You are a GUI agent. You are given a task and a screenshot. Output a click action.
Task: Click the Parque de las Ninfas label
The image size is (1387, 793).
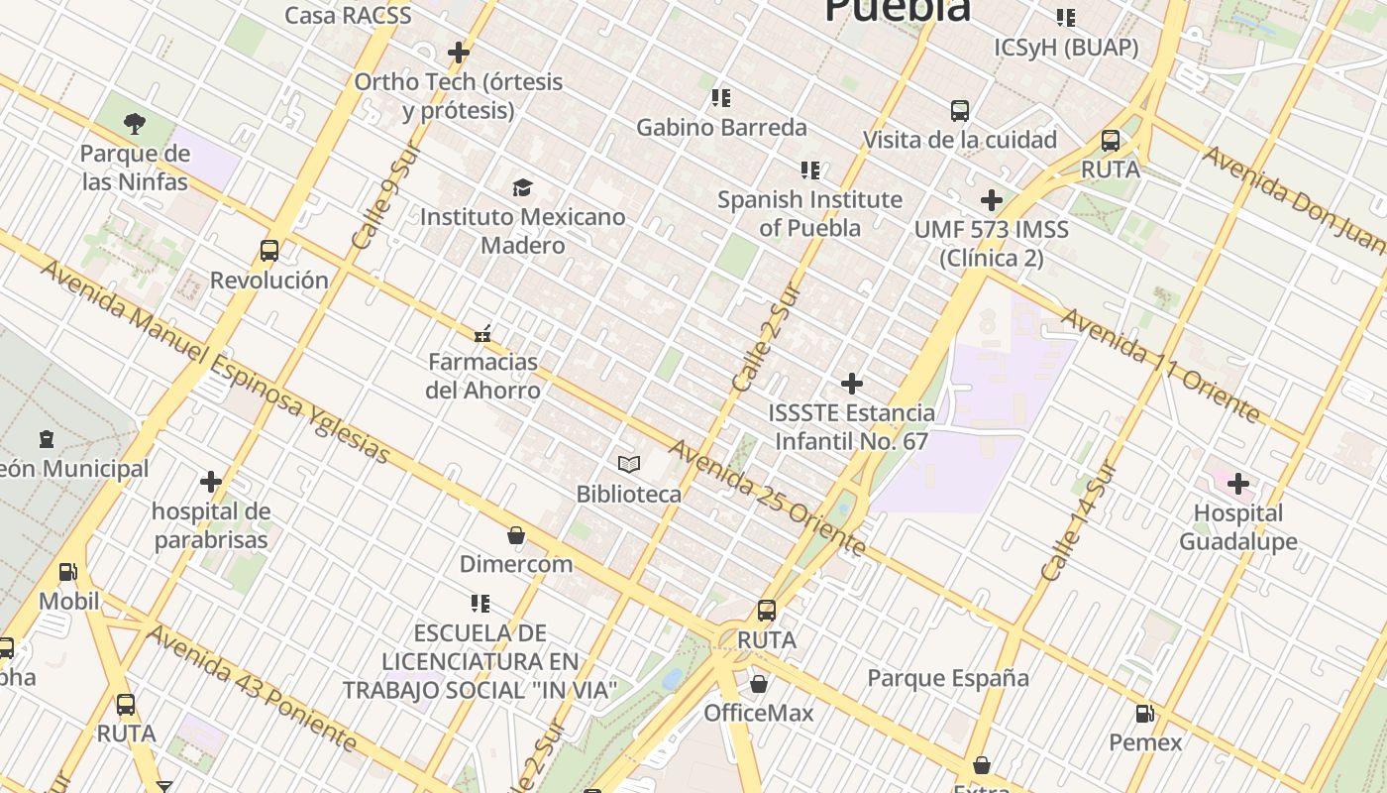point(135,168)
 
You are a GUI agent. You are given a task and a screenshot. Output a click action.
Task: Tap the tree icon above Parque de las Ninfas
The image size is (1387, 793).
point(135,124)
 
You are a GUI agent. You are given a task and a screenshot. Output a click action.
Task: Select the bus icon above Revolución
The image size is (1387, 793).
point(269,251)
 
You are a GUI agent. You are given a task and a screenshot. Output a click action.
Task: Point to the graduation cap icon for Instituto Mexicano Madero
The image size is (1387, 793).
point(522,187)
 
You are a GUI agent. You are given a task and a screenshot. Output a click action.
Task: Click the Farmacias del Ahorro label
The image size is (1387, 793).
point(483,376)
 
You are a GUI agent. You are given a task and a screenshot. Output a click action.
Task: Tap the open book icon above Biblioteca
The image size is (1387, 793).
point(629,464)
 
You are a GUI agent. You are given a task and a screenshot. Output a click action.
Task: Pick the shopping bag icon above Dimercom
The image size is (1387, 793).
point(516,536)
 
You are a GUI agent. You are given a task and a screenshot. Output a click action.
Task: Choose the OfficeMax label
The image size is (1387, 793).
point(759,713)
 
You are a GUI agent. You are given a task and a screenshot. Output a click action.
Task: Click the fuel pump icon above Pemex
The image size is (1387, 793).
point(1144,714)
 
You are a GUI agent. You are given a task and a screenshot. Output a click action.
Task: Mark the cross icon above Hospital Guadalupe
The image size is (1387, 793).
point(1238,484)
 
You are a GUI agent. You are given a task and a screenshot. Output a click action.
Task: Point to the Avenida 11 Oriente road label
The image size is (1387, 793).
point(1160,364)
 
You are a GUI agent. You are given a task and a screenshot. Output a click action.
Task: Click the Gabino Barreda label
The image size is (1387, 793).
point(721,127)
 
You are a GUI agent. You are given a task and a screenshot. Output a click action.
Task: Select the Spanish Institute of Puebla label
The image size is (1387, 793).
point(810,213)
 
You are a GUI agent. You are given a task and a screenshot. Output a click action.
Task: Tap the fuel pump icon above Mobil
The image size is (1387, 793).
point(68,572)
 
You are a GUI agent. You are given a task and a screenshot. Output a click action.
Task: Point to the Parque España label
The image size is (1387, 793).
point(948,678)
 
